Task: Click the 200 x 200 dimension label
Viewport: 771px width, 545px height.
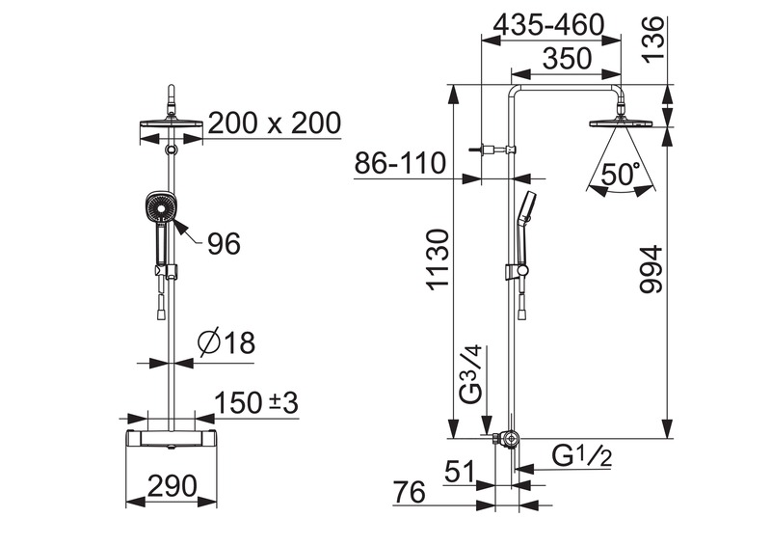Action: (x=275, y=123)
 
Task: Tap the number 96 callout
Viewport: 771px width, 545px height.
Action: (x=224, y=243)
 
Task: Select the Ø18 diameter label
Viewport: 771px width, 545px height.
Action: (x=226, y=342)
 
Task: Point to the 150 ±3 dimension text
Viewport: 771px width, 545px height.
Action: (x=256, y=402)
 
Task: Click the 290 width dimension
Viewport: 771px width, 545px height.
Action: (x=173, y=486)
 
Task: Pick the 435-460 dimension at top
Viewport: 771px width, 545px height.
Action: (x=548, y=25)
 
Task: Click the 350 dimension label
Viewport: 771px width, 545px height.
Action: (x=567, y=58)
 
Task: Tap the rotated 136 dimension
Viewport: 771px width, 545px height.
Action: (x=654, y=39)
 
